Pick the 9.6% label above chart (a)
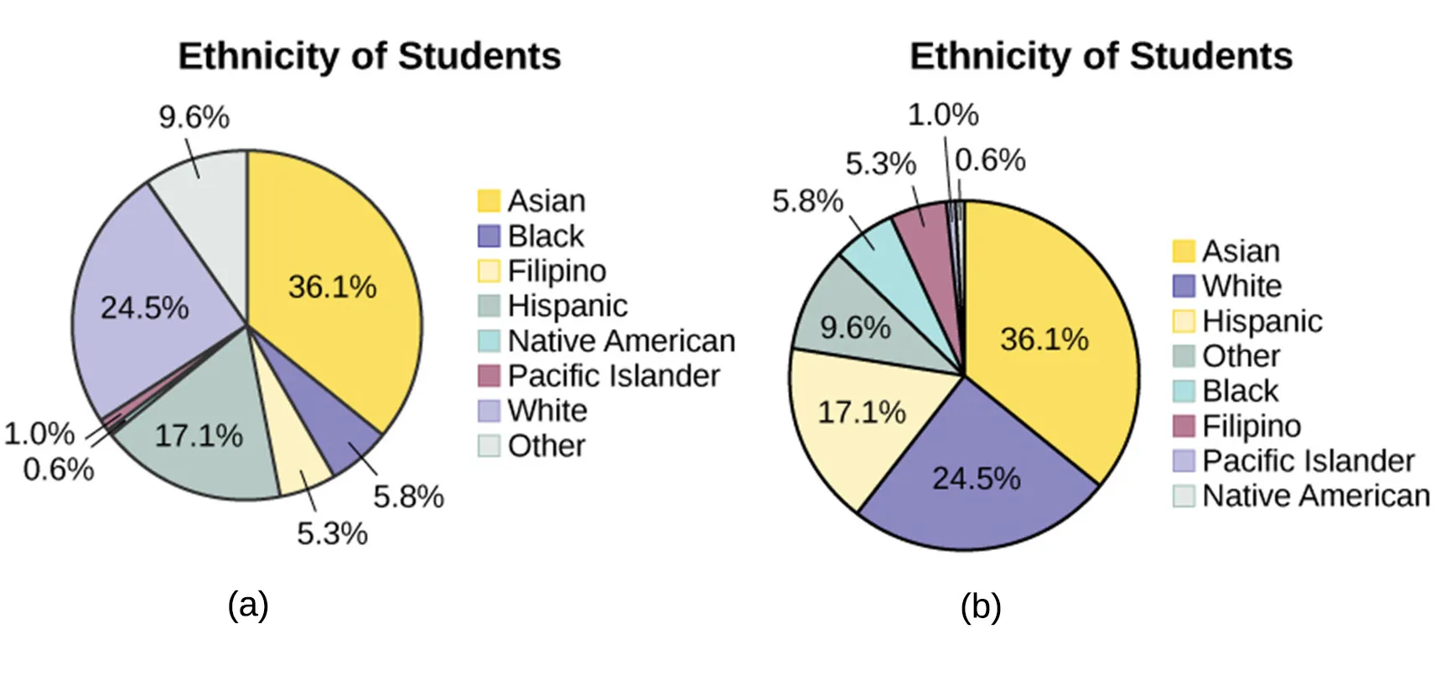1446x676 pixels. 194,117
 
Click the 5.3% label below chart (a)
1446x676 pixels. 332,533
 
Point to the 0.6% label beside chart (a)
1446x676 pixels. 58,470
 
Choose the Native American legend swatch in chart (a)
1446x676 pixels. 489,341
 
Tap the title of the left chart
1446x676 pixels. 369,56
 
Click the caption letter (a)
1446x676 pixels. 248,604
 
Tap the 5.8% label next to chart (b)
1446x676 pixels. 806,201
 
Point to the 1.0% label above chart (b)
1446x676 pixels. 942,115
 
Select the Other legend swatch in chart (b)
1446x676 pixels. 1183,356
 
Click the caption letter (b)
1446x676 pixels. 980,606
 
